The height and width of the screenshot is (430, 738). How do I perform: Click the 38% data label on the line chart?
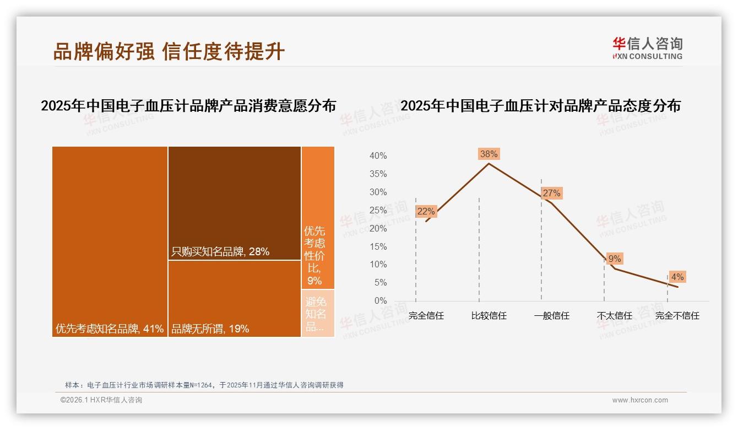[x=489, y=154]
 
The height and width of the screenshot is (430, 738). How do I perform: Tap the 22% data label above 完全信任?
[x=426, y=211]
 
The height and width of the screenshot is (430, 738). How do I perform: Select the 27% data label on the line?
[x=551, y=193]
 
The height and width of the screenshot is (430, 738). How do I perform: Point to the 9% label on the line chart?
[x=615, y=259]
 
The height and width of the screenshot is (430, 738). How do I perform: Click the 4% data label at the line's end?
[x=677, y=277]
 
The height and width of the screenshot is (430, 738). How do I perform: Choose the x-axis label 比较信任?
[x=489, y=316]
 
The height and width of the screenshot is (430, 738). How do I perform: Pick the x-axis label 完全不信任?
[x=677, y=316]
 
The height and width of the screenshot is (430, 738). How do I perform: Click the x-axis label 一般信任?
[x=552, y=316]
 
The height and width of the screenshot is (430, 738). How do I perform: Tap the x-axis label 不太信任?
[x=615, y=316]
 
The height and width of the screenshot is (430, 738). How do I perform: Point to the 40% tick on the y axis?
[x=378, y=156]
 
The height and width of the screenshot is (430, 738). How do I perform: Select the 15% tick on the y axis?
[x=378, y=246]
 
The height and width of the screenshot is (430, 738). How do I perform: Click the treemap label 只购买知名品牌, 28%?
[x=220, y=252]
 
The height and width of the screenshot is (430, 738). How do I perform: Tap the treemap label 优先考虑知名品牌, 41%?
[x=110, y=329]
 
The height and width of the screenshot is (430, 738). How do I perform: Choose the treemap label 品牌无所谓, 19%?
[x=210, y=329]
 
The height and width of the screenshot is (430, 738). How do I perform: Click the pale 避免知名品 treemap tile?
[x=318, y=313]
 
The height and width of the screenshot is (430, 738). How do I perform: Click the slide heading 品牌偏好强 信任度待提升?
[x=169, y=51]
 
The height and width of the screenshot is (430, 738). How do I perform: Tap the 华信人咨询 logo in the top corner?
[x=647, y=48]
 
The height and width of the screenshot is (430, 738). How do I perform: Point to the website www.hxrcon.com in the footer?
[x=640, y=400]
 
